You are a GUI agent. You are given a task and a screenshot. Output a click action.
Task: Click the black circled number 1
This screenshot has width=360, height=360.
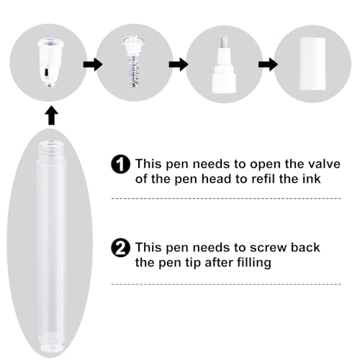[121, 164]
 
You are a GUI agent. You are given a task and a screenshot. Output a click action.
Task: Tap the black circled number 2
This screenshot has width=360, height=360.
[121, 248]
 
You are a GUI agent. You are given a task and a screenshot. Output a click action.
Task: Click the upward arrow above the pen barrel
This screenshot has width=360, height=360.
[51, 117]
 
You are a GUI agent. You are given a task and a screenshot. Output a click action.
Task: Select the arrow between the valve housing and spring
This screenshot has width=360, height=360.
[93, 64]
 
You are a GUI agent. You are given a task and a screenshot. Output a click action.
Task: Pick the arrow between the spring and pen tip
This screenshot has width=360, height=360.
[179, 64]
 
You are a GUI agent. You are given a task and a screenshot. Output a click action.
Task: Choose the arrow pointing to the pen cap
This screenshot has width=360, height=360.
[268, 64]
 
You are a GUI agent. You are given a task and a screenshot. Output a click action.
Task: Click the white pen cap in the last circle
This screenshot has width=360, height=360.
[312, 64]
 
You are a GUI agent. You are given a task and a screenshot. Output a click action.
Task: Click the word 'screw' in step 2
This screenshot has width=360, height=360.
[268, 248]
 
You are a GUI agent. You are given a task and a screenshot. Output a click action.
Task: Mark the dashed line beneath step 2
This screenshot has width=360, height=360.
[226, 284]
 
